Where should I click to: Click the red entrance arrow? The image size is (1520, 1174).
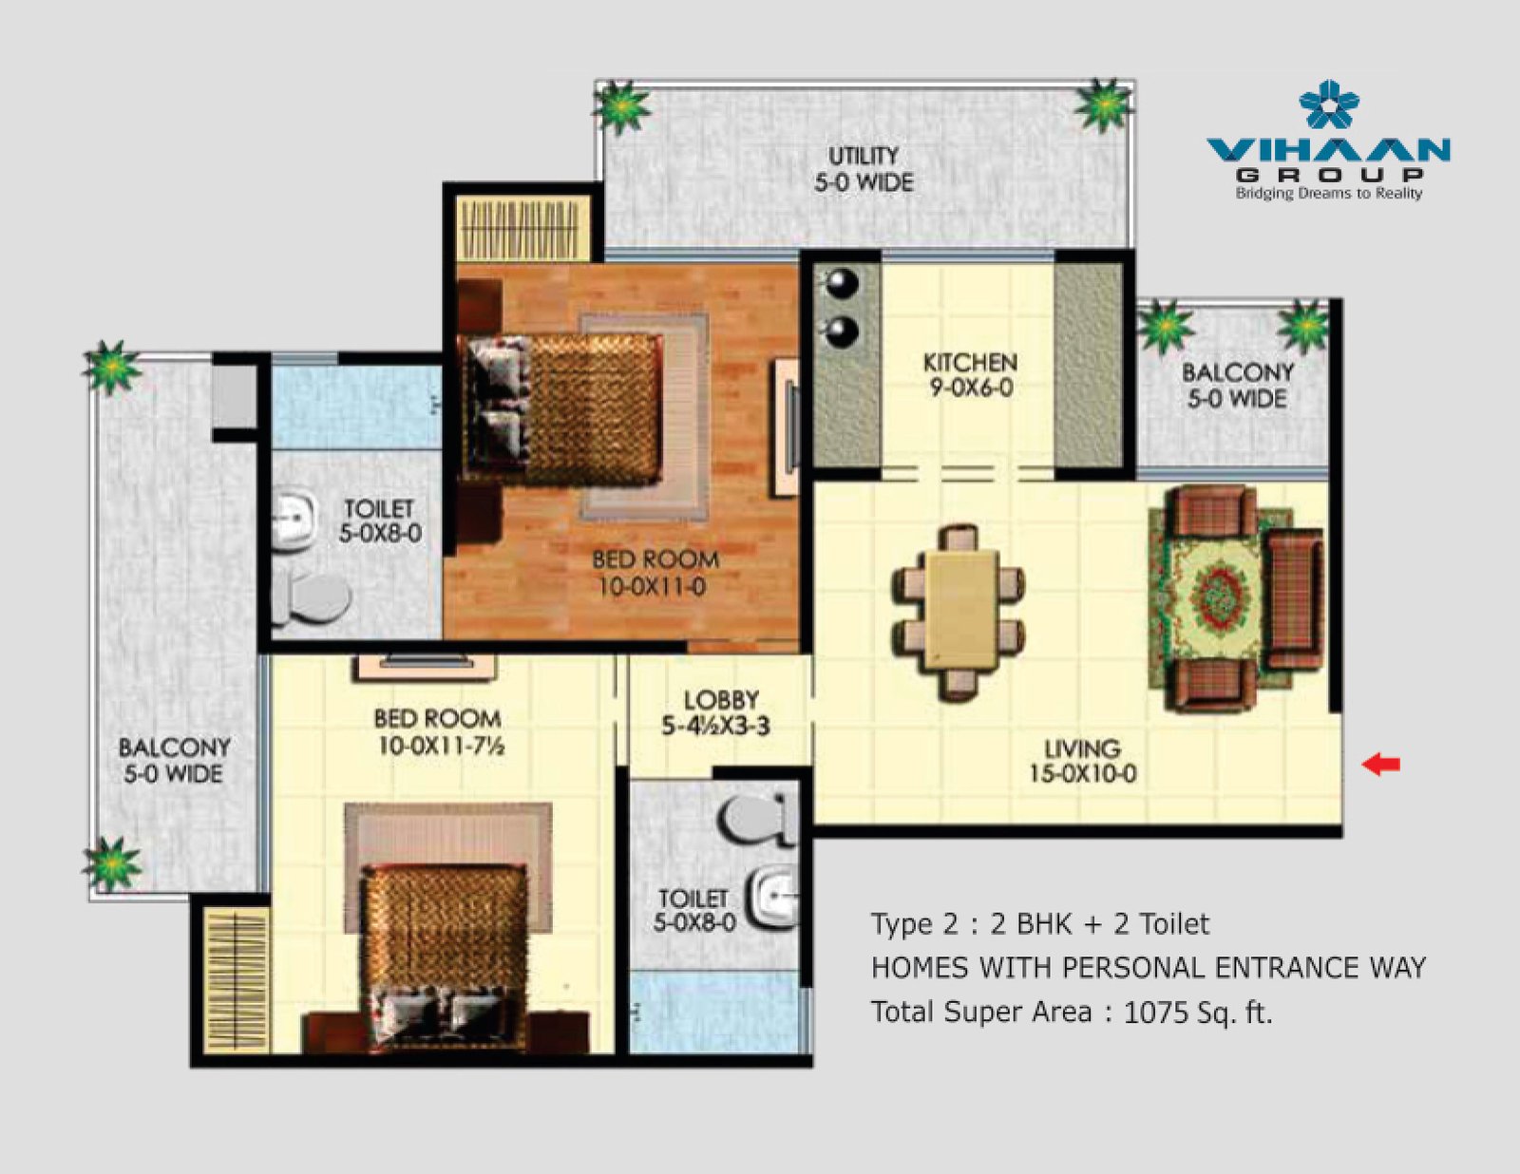tap(1380, 765)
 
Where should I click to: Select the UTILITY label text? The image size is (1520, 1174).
tap(864, 155)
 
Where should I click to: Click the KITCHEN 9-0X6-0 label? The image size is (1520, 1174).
tap(970, 375)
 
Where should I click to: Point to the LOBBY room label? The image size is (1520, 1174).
tap(720, 700)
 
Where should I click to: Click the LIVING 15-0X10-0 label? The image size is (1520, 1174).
tap(1082, 761)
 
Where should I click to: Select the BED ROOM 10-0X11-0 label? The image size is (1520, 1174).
tap(655, 573)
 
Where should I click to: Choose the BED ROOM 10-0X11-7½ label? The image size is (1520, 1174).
tap(439, 731)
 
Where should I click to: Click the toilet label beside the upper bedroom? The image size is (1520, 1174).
tap(381, 521)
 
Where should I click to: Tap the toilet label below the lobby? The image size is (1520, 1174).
tap(693, 911)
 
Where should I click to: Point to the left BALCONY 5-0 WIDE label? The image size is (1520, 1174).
tap(174, 761)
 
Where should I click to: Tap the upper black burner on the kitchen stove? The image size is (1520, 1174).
tap(841, 283)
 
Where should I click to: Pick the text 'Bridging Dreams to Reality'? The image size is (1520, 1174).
tap(1329, 194)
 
